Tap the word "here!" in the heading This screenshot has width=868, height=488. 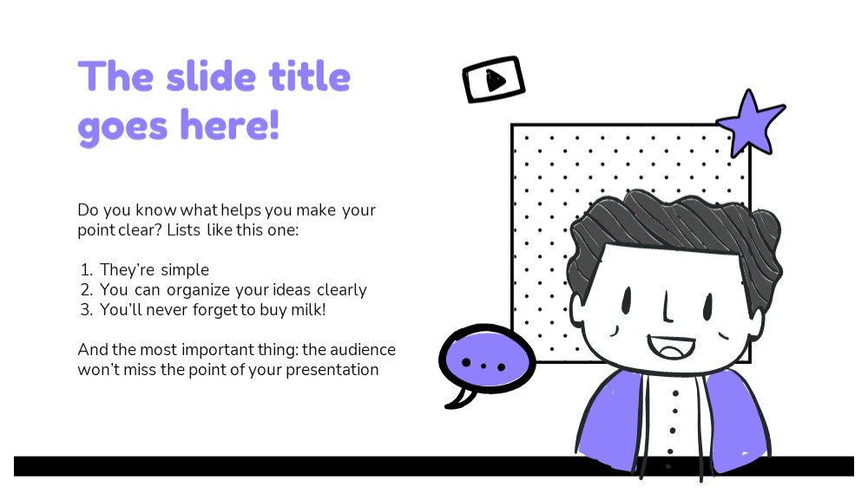[230, 125]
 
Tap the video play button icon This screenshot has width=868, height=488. [494, 80]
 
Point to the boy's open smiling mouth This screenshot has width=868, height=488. [672, 347]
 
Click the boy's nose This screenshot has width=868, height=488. [667, 307]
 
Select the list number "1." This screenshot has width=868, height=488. [87, 270]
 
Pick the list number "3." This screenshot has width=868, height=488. [87, 310]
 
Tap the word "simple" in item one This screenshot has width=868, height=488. [186, 271]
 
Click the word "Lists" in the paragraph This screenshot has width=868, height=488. [184, 230]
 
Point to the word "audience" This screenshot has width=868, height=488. [363, 350]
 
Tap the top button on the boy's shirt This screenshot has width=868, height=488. [675, 393]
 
